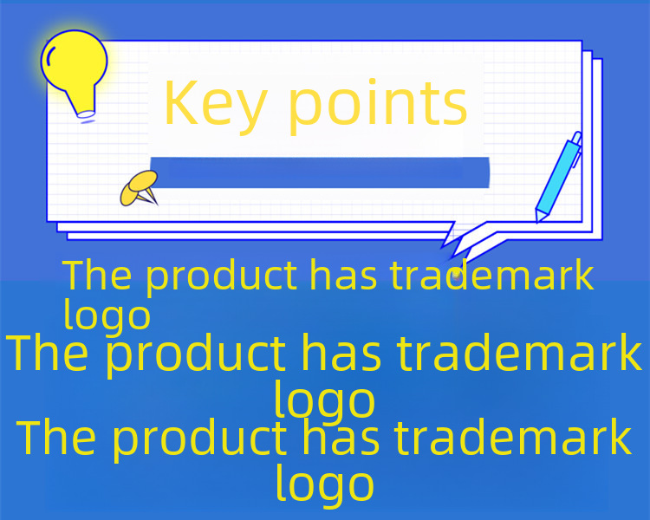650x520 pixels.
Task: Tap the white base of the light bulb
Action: (86, 114)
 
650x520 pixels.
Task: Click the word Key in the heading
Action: (216, 105)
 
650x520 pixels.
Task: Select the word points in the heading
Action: (378, 104)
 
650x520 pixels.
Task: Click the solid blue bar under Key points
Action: (320, 172)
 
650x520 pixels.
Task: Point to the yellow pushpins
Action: (140, 188)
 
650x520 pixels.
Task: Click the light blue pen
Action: (558, 177)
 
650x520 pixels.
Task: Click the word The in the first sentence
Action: (97, 275)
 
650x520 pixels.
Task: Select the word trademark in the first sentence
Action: (492, 275)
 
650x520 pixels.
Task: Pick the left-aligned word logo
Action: (107, 315)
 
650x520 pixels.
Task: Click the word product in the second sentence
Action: (196, 354)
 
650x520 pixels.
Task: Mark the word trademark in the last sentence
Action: (513, 437)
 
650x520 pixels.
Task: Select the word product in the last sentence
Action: (200, 439)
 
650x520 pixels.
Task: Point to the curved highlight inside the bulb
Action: (49, 55)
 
